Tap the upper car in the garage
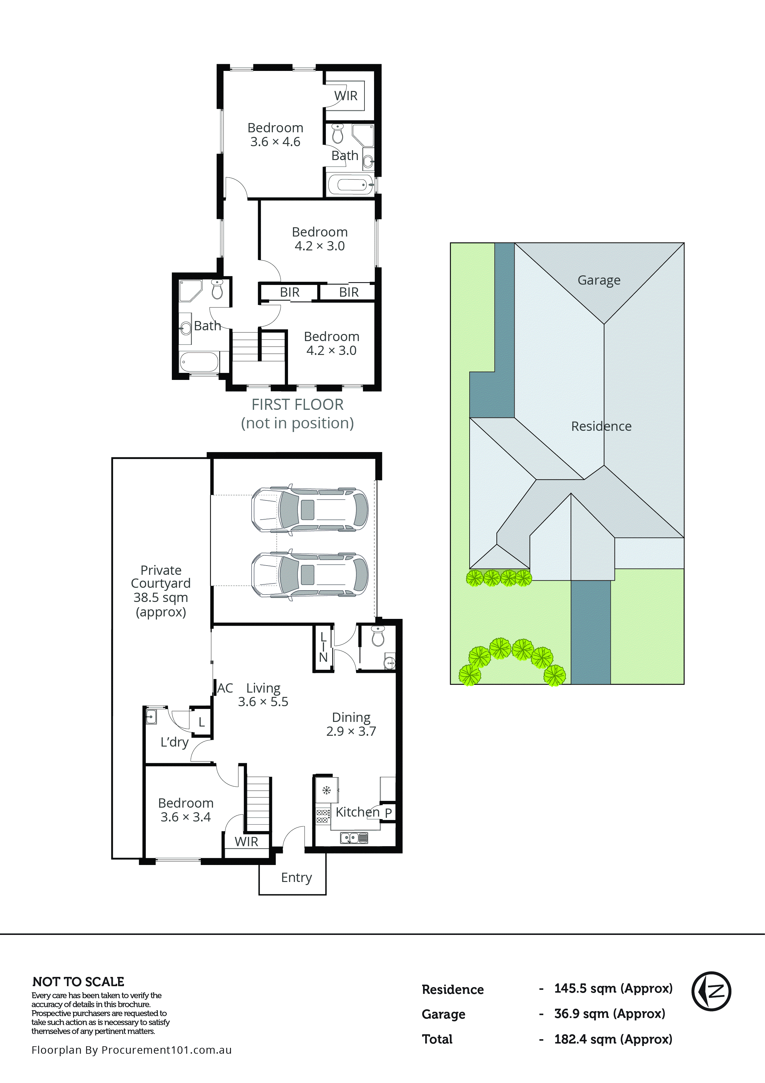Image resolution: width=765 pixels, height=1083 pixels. pyautogui.click(x=310, y=510)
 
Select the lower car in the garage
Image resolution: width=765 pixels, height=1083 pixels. pyautogui.click(x=310, y=575)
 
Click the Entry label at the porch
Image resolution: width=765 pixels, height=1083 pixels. pyautogui.click(x=296, y=877)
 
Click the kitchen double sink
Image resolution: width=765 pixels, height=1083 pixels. pyautogui.click(x=354, y=838)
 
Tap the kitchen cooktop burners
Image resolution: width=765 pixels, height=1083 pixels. pyautogui.click(x=323, y=816)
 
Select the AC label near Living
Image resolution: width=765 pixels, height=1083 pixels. pyautogui.click(x=225, y=688)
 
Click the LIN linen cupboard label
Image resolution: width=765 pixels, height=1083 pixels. pyautogui.click(x=323, y=647)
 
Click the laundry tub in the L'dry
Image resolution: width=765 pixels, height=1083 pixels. pyautogui.click(x=151, y=716)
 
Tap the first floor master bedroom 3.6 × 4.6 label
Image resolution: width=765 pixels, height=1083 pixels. pyautogui.click(x=275, y=134)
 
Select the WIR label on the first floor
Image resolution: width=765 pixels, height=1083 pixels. pyautogui.click(x=346, y=96)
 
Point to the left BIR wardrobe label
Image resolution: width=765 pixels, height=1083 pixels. pyautogui.click(x=290, y=292)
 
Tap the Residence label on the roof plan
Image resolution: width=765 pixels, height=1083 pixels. pyautogui.click(x=601, y=426)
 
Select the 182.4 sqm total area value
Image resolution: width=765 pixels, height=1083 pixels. pyautogui.click(x=613, y=1039)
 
